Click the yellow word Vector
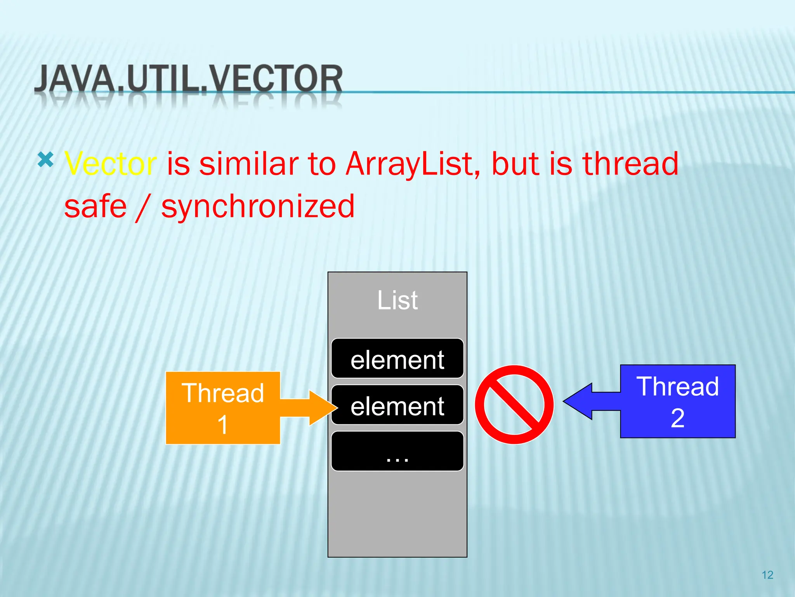click(111, 164)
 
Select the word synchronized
click(258, 207)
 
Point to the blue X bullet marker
click(45, 160)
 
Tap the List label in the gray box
click(397, 300)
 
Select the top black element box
click(397, 358)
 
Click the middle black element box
click(397, 405)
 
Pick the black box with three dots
click(397, 451)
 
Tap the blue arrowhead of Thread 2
click(578, 401)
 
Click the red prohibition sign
click(514, 405)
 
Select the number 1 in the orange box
click(222, 424)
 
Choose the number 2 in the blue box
click(678, 419)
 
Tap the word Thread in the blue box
click(678, 386)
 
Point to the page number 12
click(767, 575)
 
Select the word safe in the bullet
click(95, 207)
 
